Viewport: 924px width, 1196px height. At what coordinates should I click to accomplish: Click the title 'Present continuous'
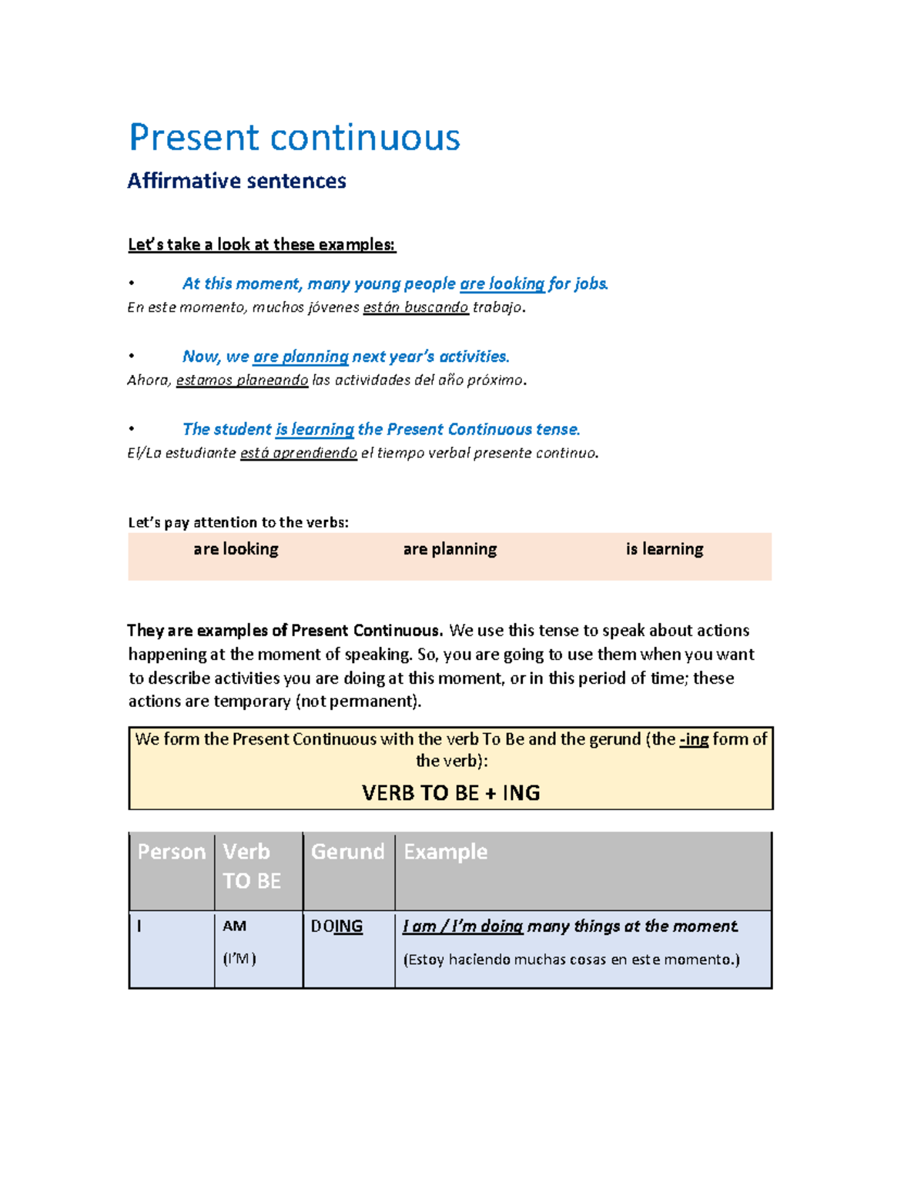[x=294, y=138]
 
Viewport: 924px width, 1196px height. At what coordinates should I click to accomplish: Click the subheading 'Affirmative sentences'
[x=236, y=181]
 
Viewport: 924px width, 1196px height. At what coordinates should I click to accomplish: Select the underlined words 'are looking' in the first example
[x=502, y=284]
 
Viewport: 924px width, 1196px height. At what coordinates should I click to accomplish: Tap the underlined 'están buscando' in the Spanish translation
[x=415, y=308]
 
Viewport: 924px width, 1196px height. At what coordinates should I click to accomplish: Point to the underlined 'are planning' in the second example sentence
[x=300, y=357]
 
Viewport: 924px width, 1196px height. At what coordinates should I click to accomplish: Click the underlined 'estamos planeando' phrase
[x=242, y=380]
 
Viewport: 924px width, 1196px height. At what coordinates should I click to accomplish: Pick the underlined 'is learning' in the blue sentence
[x=314, y=430]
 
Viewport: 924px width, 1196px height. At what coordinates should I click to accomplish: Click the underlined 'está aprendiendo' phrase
[x=298, y=454]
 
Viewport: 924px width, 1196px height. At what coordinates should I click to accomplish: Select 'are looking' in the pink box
[x=236, y=549]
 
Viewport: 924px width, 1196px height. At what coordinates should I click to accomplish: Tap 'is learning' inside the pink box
[x=664, y=549]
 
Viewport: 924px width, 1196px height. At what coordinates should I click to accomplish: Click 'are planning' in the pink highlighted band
[x=450, y=549]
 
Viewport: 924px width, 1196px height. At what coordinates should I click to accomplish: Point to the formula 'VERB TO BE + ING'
[x=450, y=793]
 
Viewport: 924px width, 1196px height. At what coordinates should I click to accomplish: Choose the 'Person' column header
[x=171, y=852]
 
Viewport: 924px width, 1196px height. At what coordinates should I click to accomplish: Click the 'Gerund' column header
[x=347, y=852]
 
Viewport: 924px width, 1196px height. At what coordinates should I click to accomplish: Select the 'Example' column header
[x=445, y=852]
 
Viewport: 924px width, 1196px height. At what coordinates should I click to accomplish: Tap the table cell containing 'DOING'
[x=336, y=926]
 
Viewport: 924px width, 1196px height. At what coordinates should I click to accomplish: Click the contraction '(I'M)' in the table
[x=239, y=959]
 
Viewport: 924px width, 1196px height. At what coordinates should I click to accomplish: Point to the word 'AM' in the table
[x=234, y=926]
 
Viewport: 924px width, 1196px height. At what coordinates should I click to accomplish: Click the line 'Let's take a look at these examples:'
[x=261, y=245]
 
